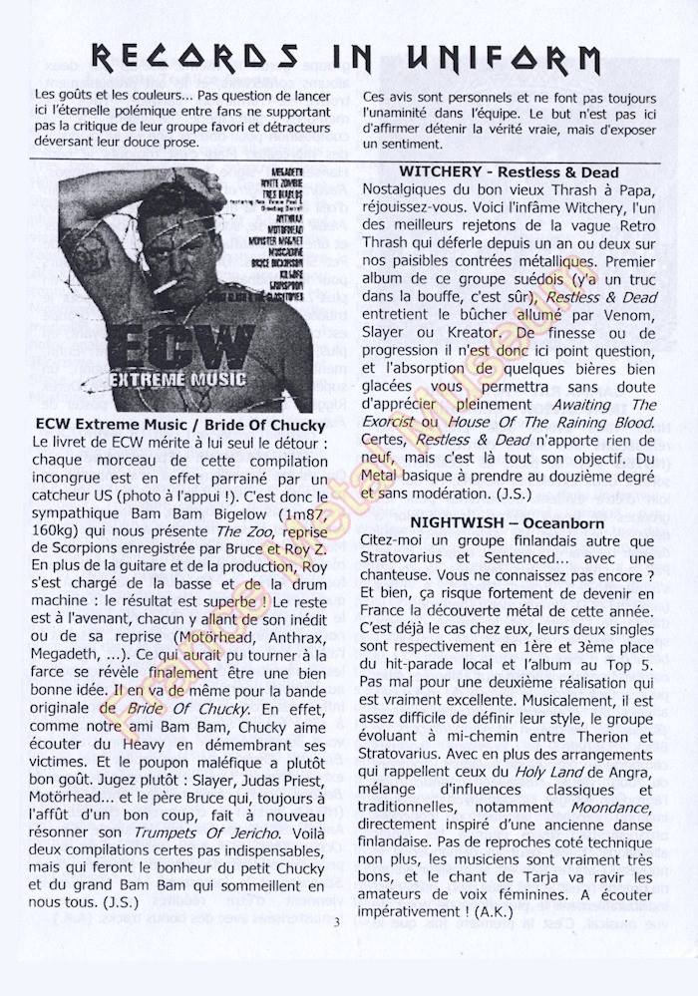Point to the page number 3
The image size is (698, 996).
[x=337, y=920]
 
